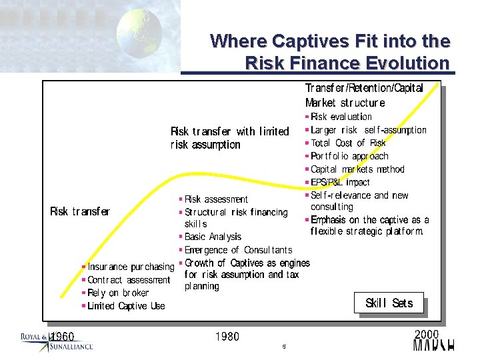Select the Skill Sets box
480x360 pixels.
click(x=389, y=303)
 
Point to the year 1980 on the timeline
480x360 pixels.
click(x=227, y=337)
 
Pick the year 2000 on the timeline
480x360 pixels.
click(x=427, y=333)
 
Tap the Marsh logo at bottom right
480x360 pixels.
click(x=434, y=345)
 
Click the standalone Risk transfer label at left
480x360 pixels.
click(x=80, y=212)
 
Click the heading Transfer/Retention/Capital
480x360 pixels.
click(x=364, y=89)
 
